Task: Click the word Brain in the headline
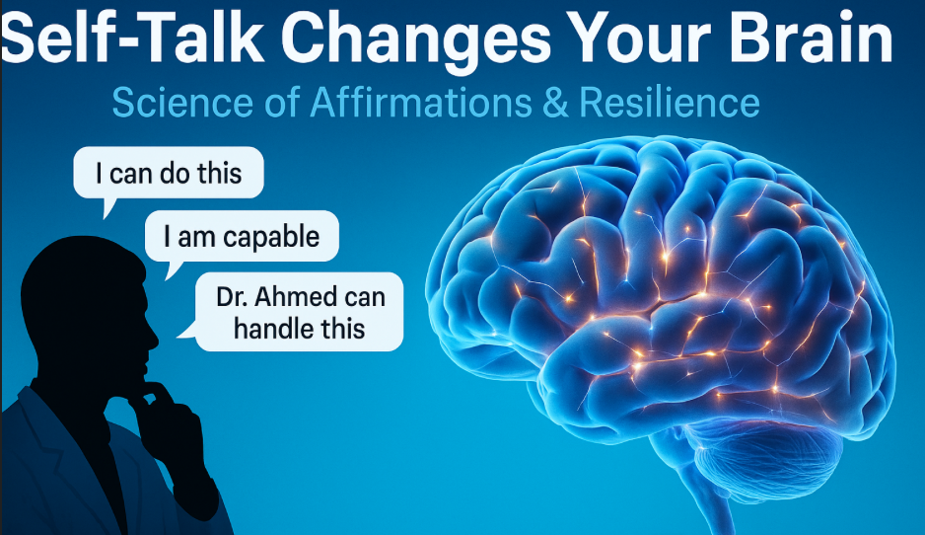coord(812,38)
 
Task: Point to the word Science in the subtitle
coord(182,102)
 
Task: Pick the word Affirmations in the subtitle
coord(421,102)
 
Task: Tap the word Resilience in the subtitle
coord(669,102)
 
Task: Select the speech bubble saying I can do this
coord(168,173)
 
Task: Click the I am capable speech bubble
coord(242,236)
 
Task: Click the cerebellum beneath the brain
coord(767,455)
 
